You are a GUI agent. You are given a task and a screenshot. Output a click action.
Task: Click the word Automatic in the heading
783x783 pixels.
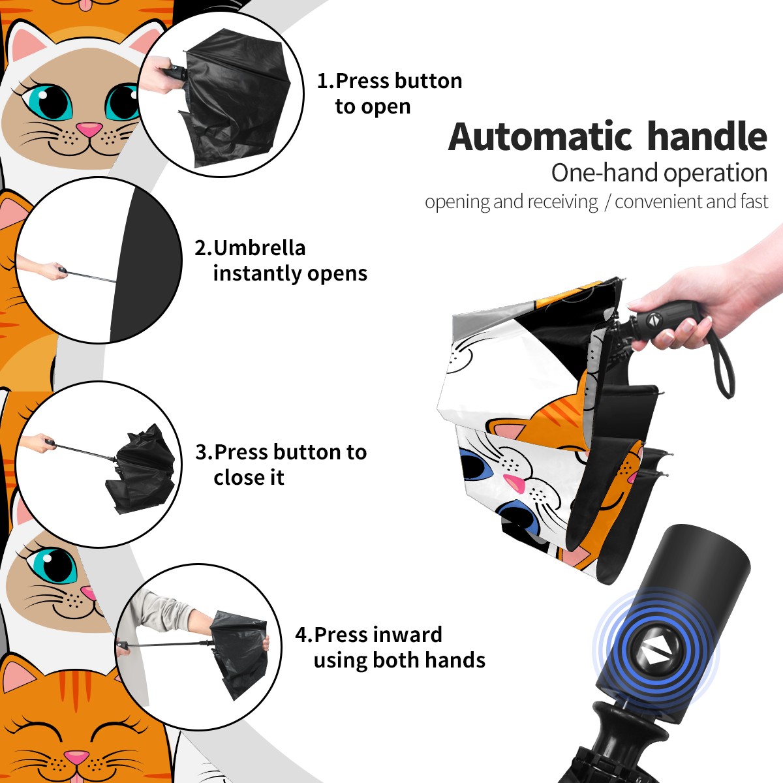click(x=540, y=137)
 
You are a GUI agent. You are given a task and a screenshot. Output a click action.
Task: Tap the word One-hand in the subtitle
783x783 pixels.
click(x=605, y=173)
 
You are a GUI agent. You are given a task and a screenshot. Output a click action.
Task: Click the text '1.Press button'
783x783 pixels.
click(x=390, y=81)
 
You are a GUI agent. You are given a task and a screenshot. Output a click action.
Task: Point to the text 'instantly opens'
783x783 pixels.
click(x=290, y=273)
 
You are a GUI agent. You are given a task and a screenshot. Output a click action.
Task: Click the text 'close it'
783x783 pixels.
click(x=249, y=477)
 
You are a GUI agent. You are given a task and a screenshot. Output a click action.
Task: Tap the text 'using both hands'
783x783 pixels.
click(x=399, y=660)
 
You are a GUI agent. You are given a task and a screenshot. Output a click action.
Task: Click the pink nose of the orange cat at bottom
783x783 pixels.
click(x=76, y=757)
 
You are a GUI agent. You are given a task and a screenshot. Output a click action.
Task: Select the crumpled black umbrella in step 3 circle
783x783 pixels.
click(x=140, y=469)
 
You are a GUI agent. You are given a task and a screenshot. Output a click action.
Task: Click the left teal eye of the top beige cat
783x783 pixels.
click(x=48, y=102)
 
